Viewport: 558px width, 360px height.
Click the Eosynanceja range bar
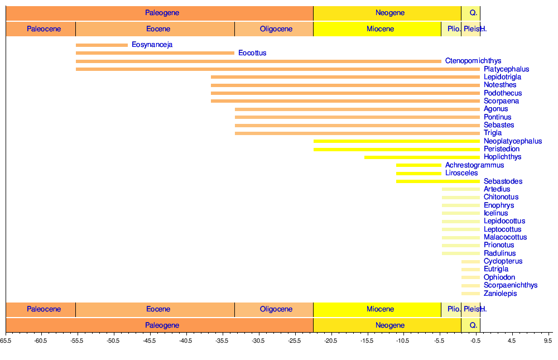point(102,45)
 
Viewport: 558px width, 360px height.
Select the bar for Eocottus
point(155,53)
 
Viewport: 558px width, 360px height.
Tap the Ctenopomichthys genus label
point(473,61)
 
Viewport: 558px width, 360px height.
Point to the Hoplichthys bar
point(422,157)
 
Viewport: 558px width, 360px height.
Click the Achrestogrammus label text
point(474,165)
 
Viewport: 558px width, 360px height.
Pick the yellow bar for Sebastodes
point(438,181)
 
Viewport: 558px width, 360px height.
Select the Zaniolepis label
point(500,294)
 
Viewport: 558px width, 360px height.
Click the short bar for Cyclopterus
point(470,261)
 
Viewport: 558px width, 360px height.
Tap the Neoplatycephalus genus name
point(513,141)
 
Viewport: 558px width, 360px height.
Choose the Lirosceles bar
point(419,173)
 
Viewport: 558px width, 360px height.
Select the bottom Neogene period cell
point(387,325)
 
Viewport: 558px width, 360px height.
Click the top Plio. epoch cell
point(451,29)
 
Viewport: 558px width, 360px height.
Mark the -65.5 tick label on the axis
point(6,340)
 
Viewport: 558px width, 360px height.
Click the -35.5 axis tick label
point(222,340)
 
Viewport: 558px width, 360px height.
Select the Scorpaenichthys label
point(511,285)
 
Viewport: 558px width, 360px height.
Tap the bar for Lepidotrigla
point(345,77)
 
